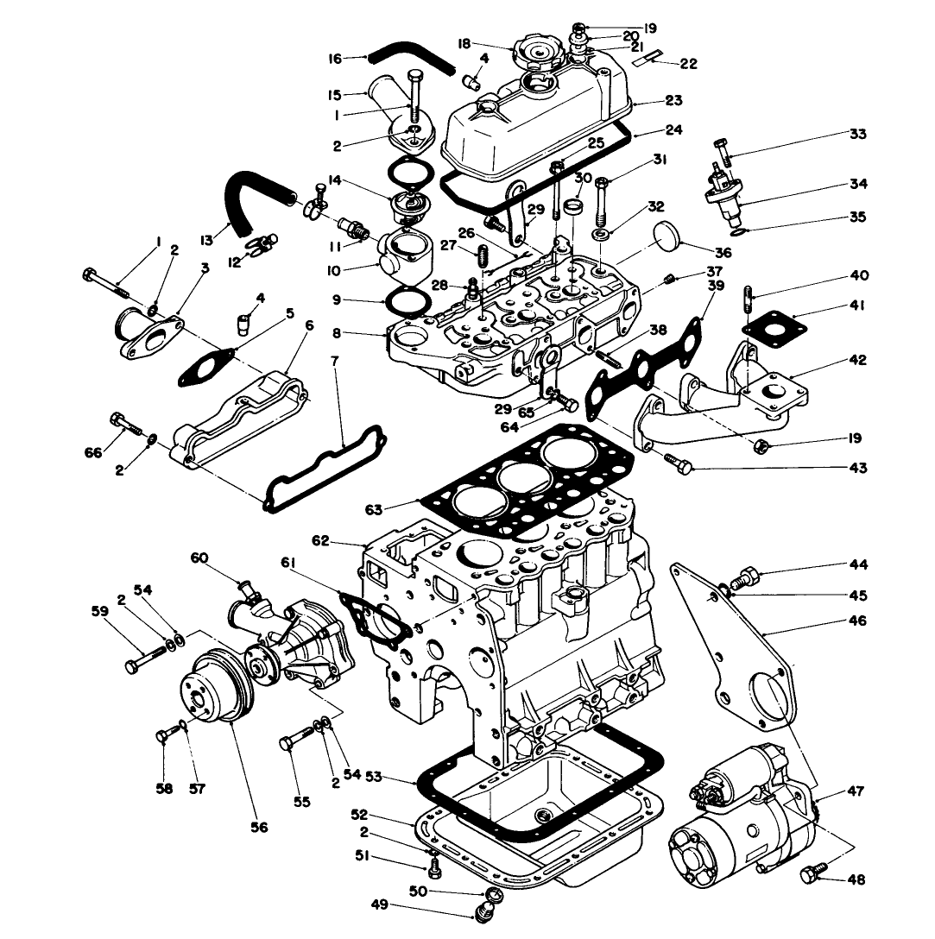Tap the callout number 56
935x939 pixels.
(x=260, y=827)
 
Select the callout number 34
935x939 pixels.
(x=858, y=184)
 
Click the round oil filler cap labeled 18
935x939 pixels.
(x=537, y=57)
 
